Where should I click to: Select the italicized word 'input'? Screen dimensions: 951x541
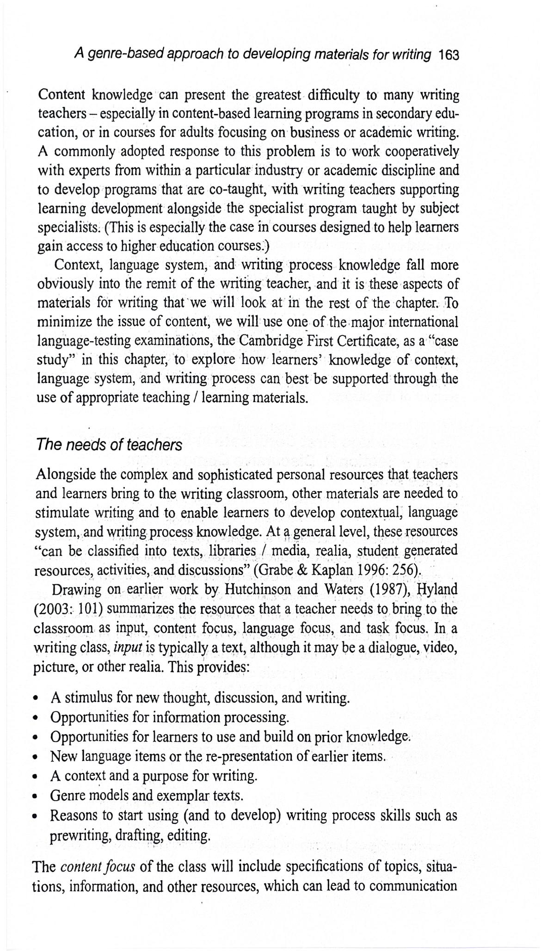[127, 647]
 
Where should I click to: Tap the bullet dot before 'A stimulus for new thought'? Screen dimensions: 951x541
[39, 698]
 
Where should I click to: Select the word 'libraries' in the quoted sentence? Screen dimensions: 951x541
[233, 551]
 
